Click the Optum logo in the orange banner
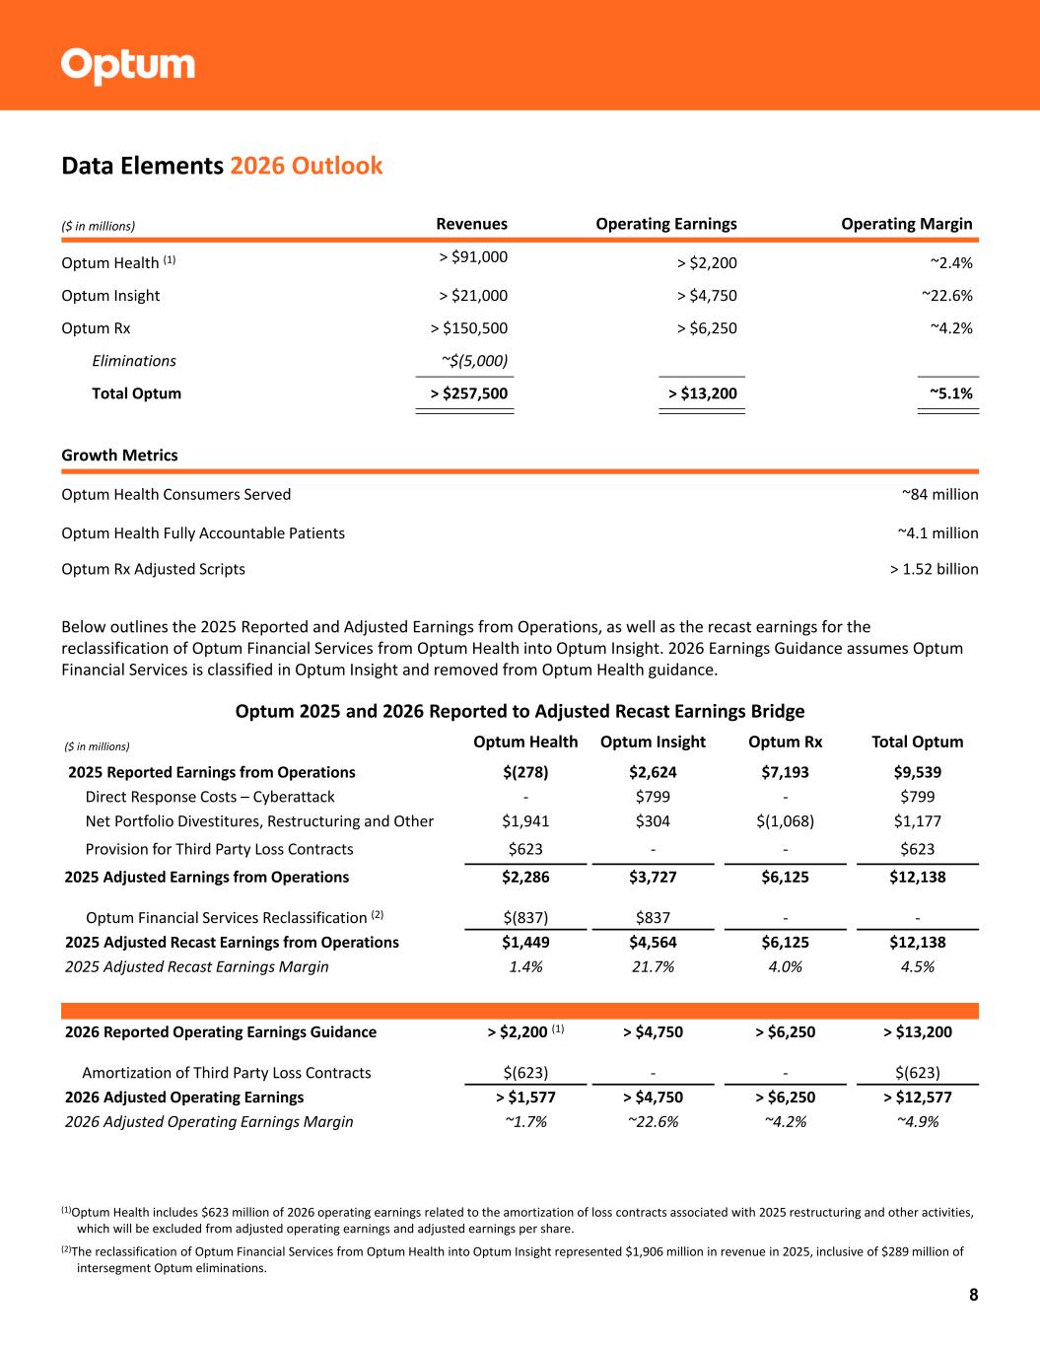128,66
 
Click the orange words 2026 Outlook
306,166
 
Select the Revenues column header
471,224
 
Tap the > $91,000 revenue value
473,257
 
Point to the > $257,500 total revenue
469,393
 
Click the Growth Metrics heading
119,456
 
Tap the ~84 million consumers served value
939,494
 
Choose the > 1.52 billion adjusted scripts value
934,569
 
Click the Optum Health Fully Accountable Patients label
203,533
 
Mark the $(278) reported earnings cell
525,772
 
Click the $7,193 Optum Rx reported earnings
785,772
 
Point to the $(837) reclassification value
525,918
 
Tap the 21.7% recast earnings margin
653,966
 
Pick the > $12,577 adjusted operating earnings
917,1098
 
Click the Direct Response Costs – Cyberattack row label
210,797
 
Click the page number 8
973,1295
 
